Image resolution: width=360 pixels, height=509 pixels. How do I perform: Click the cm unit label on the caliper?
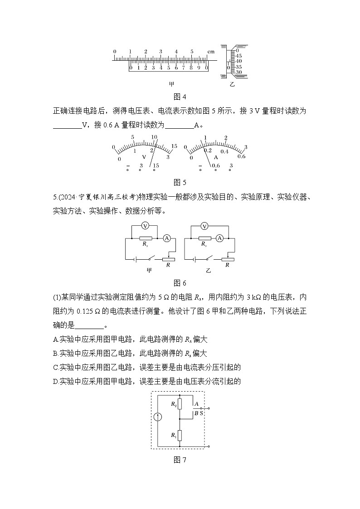pos(211,52)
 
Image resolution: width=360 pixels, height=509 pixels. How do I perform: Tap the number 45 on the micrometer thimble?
pos(238,56)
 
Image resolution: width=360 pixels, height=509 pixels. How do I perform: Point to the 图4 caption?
pos(180,96)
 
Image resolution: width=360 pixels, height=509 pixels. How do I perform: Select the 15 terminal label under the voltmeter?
pos(156,166)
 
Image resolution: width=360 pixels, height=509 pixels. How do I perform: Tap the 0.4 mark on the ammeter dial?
pos(224,151)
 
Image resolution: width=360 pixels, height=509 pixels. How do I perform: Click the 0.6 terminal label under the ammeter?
pos(216,166)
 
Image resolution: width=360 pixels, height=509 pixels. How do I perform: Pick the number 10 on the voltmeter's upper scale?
pos(154,137)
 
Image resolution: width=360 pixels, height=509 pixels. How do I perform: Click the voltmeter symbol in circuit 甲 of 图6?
pos(145,225)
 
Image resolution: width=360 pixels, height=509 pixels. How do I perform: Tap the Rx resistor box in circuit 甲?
pos(145,238)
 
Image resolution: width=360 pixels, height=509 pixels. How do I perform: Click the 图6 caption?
pos(180,283)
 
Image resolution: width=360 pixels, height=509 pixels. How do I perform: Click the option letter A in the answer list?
pos(55,339)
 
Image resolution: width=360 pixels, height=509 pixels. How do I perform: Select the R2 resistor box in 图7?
pos(180,404)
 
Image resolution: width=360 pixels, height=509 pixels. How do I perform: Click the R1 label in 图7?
pos(173,435)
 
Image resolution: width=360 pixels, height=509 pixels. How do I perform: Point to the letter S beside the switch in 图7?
pos(201,413)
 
